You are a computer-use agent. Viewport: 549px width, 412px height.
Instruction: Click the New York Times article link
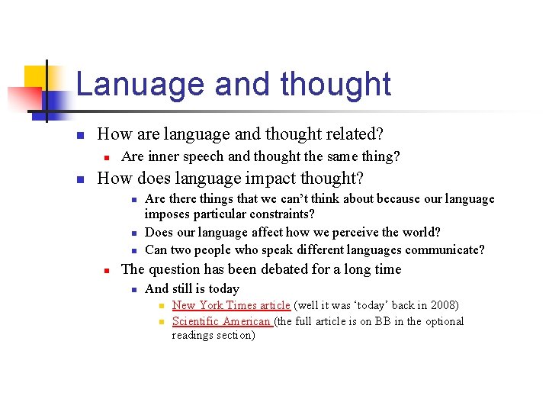click(231, 305)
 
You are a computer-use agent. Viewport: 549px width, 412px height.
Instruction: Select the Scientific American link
click(221, 321)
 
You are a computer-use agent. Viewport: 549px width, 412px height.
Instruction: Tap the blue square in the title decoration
click(58, 99)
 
